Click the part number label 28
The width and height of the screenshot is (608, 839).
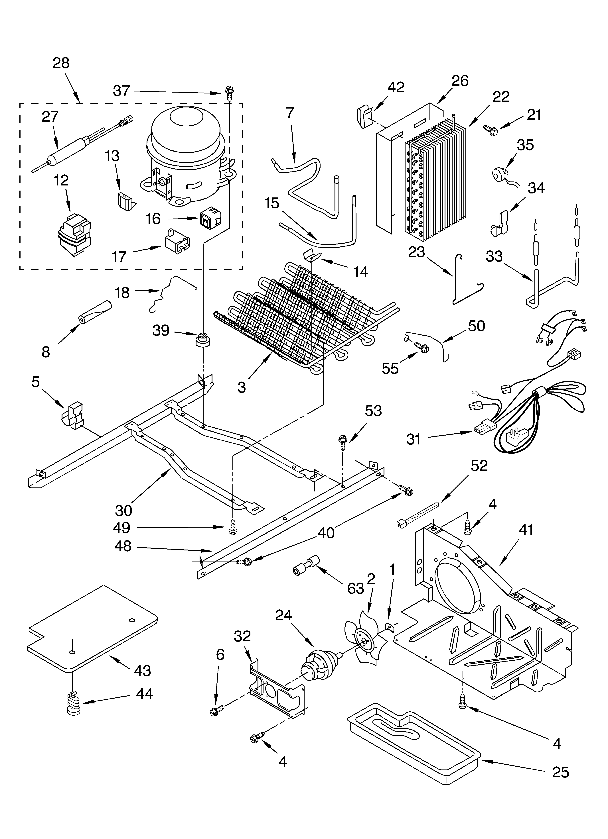point(61,63)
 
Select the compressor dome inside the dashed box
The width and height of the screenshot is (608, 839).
point(186,139)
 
